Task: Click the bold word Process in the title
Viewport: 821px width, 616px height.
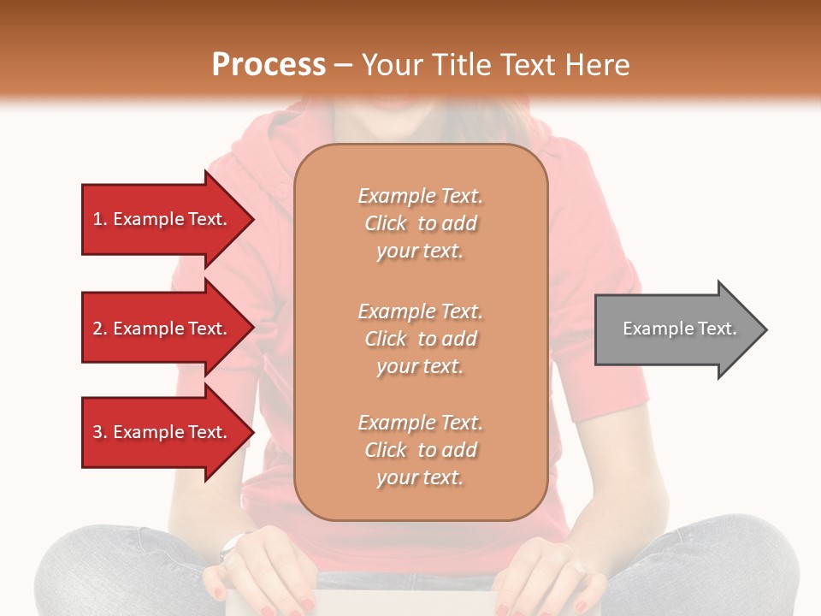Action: [x=269, y=65]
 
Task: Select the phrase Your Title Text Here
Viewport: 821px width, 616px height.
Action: [x=495, y=65]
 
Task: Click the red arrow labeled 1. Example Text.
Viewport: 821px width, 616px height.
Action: [x=162, y=219]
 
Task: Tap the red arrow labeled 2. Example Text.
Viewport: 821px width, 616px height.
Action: [x=162, y=329]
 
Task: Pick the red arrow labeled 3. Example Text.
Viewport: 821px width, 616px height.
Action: [x=162, y=432]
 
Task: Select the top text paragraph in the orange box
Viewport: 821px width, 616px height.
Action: [x=420, y=223]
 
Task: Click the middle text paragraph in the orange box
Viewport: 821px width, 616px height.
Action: [x=420, y=339]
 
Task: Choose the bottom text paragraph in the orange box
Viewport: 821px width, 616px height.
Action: [x=420, y=450]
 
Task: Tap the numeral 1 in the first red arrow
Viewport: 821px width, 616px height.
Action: [x=97, y=219]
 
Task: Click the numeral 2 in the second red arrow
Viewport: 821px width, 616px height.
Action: [x=97, y=329]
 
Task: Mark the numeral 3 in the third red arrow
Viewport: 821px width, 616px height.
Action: [x=97, y=432]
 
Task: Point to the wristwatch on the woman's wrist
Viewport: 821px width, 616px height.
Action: [x=230, y=546]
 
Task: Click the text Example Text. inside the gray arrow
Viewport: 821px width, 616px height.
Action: [x=680, y=329]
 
